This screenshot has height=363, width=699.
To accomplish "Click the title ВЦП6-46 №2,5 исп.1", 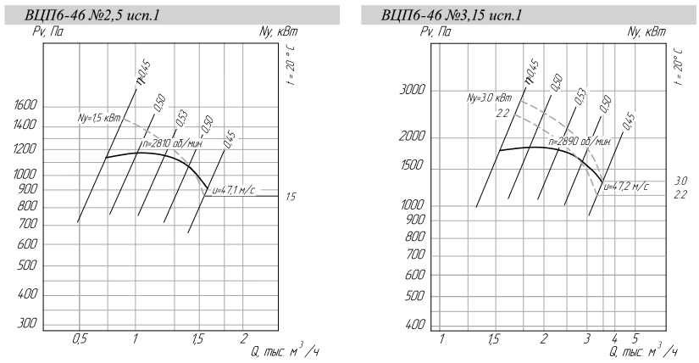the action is click(92, 15).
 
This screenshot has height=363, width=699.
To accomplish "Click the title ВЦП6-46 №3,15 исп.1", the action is click(451, 15).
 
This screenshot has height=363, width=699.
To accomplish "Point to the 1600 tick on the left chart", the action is click(25, 106).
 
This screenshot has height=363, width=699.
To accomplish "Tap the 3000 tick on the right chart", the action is click(413, 90).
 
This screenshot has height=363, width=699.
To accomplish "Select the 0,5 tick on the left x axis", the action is click(80, 339).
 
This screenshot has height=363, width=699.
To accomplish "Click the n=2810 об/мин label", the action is click(173, 144).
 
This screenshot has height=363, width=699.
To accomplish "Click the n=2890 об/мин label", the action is click(580, 142).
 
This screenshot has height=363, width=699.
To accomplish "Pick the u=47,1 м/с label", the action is click(234, 191).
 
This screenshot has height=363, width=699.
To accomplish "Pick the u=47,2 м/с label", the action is click(626, 187).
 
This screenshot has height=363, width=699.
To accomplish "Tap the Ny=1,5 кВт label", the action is click(99, 119).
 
